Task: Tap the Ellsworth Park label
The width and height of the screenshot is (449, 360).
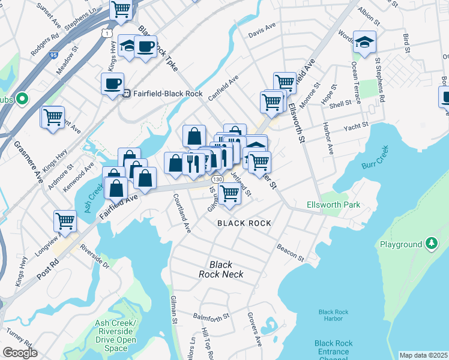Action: point(333,205)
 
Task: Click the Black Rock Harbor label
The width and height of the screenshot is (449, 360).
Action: point(333,316)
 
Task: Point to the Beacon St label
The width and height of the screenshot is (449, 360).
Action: point(291,252)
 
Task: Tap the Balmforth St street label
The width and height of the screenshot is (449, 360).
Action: point(211,316)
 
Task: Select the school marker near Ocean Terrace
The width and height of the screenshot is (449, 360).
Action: point(364,42)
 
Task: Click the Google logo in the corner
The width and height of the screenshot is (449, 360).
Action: point(20,353)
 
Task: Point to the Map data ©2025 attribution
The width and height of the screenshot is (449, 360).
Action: point(423,355)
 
